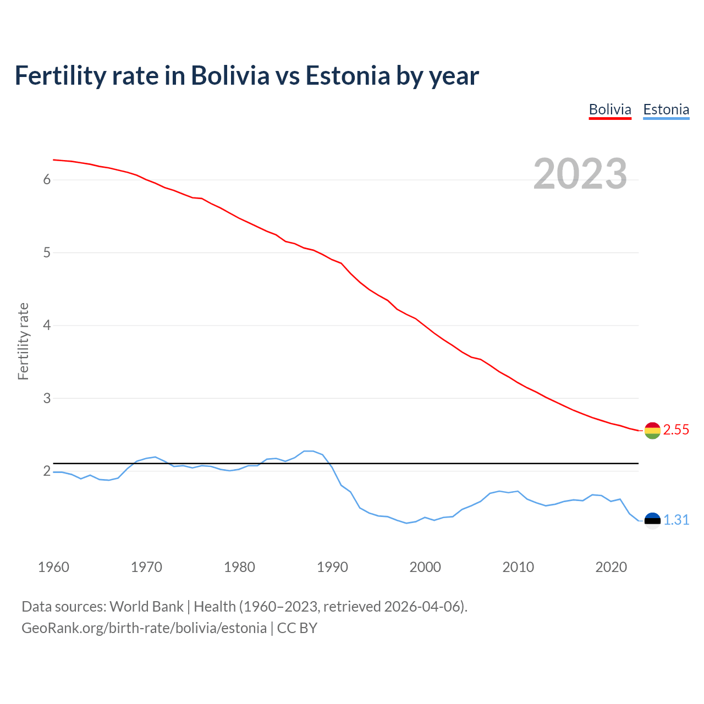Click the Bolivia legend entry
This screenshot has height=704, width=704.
(610, 109)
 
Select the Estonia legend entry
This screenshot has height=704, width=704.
(666, 109)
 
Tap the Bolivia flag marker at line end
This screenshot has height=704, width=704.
(652, 431)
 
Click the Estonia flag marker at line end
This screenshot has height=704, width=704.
(652, 520)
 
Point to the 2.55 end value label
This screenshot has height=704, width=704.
(676, 430)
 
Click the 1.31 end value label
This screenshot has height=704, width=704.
(676, 520)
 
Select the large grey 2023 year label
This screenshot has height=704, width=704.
(580, 174)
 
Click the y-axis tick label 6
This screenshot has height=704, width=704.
(47, 180)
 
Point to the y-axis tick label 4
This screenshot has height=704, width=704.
(47, 326)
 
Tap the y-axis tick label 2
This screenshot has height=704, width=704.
(47, 471)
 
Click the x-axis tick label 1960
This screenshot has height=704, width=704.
(53, 567)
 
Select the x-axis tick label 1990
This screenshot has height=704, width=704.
(332, 567)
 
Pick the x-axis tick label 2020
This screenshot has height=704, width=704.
(611, 567)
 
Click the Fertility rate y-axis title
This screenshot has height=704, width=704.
(23, 341)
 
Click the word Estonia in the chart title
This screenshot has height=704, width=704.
(348, 76)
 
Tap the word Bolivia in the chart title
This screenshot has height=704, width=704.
(230, 76)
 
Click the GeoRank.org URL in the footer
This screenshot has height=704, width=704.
(144, 628)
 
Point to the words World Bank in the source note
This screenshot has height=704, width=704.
(146, 607)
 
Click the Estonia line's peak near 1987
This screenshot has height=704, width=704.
(308, 451)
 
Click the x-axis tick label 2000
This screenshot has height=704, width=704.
(425, 567)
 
